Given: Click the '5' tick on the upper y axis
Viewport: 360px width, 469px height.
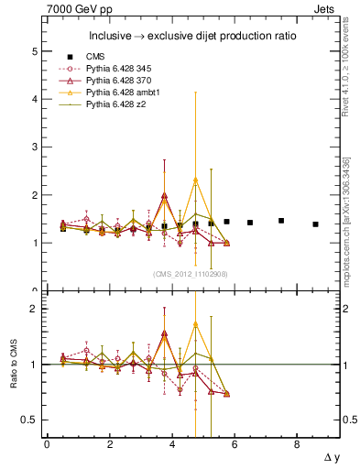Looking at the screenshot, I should [x=36, y=52].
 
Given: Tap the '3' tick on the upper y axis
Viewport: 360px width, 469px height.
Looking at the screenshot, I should [x=36, y=147].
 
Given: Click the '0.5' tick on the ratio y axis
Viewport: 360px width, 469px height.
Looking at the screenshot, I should [x=30, y=420].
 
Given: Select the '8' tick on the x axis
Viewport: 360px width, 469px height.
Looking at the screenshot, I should [x=297, y=444].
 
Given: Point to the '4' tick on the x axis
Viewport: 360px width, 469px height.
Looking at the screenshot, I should [x=172, y=444].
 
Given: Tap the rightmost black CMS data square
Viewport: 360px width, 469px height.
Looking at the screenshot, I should [x=315, y=224].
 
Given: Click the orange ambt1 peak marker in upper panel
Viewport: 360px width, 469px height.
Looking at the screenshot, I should [x=195, y=180].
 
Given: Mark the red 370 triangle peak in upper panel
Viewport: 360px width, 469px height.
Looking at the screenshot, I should [x=164, y=195].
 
